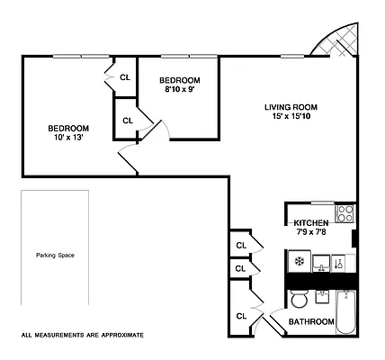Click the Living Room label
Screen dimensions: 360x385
[x=290, y=106]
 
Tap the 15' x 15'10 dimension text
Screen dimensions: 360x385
[x=290, y=117]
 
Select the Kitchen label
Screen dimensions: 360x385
[x=309, y=221]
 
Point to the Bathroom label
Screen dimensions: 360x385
[x=311, y=321]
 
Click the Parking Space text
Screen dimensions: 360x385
[x=55, y=255]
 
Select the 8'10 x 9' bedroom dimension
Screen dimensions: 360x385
[x=179, y=89]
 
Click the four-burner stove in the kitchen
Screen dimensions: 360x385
[x=345, y=214]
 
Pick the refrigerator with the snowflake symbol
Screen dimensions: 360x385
[x=298, y=262]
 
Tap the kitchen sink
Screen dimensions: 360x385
[x=322, y=262]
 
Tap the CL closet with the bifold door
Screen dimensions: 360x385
[x=124, y=77]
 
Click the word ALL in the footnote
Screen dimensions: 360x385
[x=27, y=335]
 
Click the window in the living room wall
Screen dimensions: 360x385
[x=291, y=56]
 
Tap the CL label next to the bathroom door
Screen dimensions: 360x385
[x=241, y=316]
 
